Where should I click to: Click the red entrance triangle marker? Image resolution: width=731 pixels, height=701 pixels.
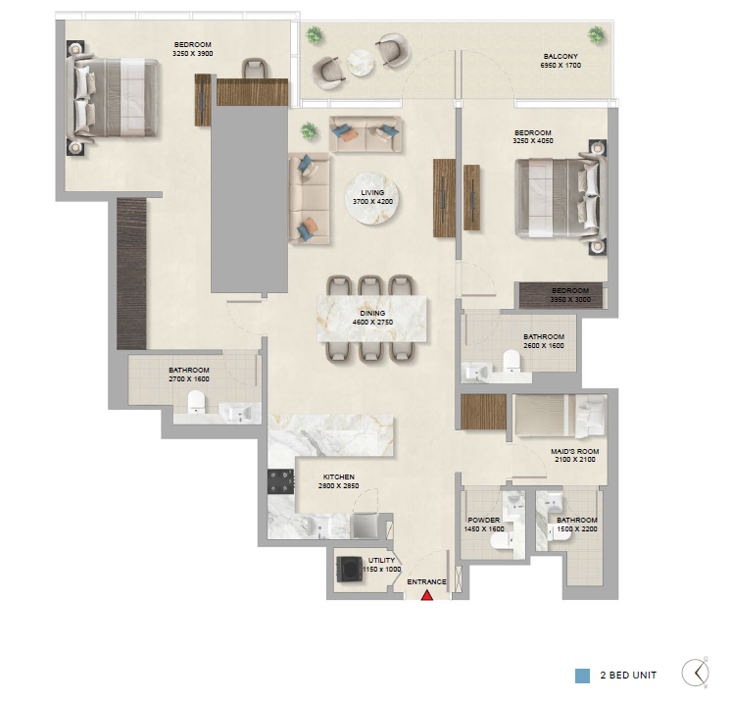tap(427, 595)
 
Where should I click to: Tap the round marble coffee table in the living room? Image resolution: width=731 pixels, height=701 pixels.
tap(372, 198)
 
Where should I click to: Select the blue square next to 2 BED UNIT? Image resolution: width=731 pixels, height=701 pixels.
tap(582, 676)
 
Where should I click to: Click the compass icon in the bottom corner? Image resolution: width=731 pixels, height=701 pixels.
tap(696, 673)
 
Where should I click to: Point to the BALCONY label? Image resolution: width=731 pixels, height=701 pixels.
tap(560, 57)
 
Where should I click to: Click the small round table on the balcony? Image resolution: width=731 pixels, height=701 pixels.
tap(360, 63)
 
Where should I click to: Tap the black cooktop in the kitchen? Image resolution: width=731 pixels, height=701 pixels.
tap(280, 481)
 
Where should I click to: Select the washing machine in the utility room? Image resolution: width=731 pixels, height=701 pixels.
tap(349, 569)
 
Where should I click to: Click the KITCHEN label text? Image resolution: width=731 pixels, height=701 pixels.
tap(339, 477)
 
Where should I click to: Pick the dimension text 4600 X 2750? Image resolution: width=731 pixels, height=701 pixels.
tap(372, 323)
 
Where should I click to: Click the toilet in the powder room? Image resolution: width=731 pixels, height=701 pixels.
tap(500, 541)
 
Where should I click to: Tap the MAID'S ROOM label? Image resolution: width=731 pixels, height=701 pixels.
tap(575, 451)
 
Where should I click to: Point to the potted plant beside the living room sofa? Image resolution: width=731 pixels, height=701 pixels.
tap(309, 131)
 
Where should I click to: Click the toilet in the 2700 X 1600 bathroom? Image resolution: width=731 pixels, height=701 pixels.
tap(196, 402)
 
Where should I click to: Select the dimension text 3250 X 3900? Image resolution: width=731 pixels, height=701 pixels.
tap(192, 54)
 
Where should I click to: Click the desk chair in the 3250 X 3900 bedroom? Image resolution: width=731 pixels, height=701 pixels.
tap(255, 68)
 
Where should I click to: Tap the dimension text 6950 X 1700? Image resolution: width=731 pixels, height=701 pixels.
tap(560, 66)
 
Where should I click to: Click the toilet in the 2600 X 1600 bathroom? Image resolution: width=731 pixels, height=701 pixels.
tap(512, 361)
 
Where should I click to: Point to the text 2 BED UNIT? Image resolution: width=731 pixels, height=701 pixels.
tap(628, 676)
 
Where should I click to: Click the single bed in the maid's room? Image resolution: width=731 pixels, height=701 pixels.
tap(560, 416)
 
